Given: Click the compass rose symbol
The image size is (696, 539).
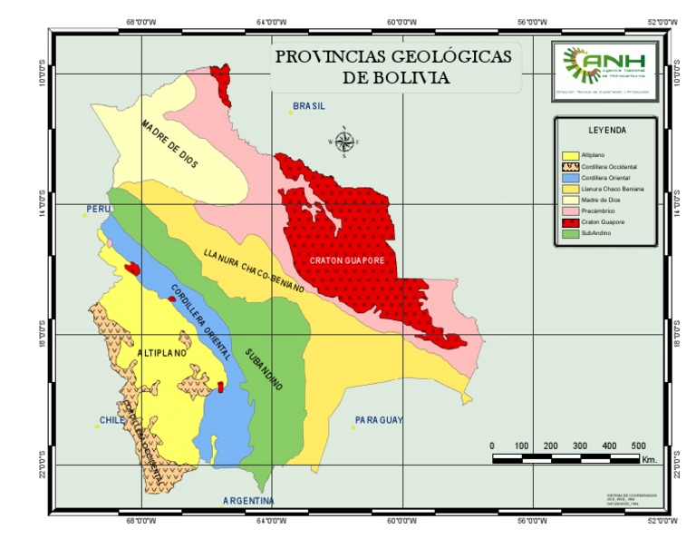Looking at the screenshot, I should tap(344, 142).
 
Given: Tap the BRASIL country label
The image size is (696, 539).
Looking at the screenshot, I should tap(309, 106).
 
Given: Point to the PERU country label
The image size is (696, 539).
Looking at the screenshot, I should tap(98, 210).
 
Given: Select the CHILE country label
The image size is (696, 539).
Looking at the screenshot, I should tap(111, 421).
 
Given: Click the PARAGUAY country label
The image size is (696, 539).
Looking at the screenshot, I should tap(378, 420).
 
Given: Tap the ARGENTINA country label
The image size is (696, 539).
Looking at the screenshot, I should tap(248, 501).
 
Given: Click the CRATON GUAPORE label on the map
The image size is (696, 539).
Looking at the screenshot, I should tap(348, 260).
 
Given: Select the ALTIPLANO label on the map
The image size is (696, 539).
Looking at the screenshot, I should tap(162, 352).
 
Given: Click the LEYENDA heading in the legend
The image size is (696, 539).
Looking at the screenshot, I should tap(606, 131).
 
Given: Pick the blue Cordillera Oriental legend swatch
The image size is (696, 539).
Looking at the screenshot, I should tap(571, 179).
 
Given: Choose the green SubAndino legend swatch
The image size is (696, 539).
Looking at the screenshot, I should tap(571, 233).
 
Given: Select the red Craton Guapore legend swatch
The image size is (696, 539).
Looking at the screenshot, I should tap(571, 222).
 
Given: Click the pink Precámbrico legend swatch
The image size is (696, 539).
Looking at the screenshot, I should tap(571, 211).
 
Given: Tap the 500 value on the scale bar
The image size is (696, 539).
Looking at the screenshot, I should tap(637, 446).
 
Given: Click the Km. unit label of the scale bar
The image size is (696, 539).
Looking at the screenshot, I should tap(649, 460).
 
